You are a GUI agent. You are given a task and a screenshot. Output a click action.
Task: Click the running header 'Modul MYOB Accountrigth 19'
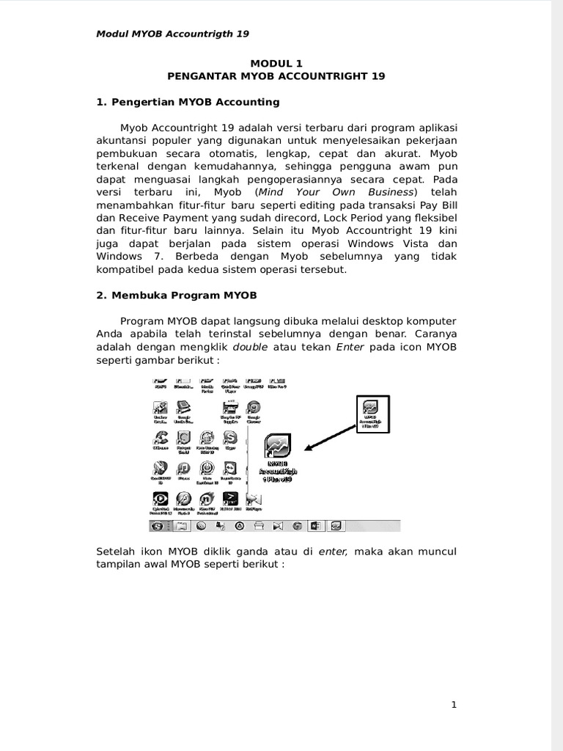(172, 34)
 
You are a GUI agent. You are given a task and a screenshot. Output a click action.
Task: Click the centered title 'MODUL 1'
(276, 64)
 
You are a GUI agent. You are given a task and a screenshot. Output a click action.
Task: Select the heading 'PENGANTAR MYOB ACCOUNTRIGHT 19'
(276, 76)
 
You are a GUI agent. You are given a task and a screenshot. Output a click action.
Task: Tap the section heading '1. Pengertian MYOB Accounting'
(188, 102)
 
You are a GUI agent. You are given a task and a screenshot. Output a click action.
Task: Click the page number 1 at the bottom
(454, 706)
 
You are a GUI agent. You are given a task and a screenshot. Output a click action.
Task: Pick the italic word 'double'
(250, 348)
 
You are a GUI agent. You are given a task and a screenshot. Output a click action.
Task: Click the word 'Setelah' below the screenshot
(117, 551)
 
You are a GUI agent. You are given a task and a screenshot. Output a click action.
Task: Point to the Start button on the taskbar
(157, 526)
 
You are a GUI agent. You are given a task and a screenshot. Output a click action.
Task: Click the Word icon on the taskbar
(316, 526)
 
